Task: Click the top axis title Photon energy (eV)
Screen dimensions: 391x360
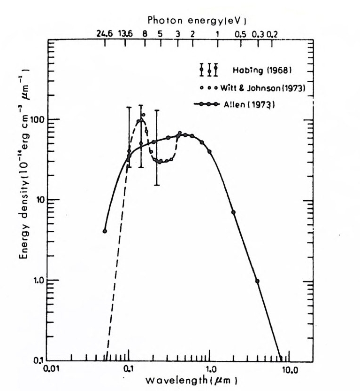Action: pos(197,20)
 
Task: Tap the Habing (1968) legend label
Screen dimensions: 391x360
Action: pos(255,70)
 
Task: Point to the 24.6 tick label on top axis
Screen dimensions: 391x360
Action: pos(104,34)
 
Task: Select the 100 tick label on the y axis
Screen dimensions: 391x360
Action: pos(38,120)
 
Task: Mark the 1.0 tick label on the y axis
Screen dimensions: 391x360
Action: pos(38,281)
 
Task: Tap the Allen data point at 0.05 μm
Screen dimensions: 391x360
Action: pos(105,231)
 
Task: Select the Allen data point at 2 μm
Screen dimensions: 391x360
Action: pos(233,212)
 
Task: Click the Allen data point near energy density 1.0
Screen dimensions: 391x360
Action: pos(257,281)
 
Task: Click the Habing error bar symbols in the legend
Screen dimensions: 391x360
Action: pos(209,70)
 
